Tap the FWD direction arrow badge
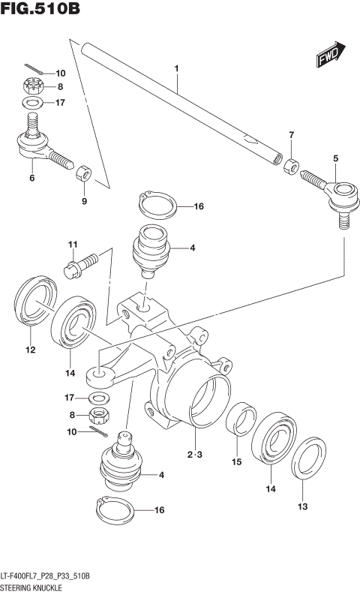click(x=328, y=59)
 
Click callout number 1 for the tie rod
click(x=177, y=70)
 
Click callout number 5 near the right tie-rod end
click(x=335, y=158)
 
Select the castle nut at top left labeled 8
click(x=31, y=86)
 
